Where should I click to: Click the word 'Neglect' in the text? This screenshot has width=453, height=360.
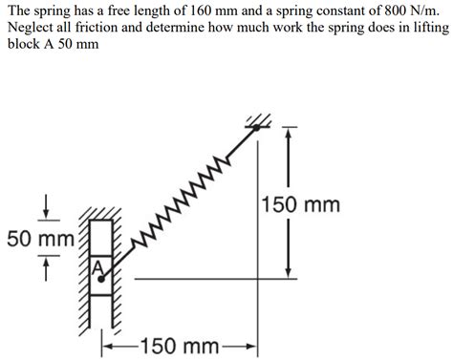click(32, 28)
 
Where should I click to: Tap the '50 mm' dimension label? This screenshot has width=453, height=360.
click(39, 239)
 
